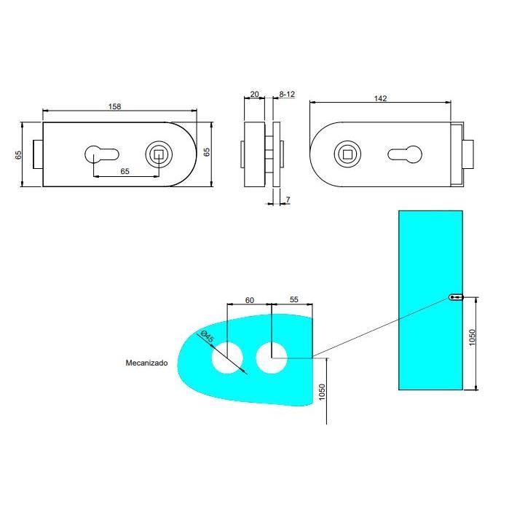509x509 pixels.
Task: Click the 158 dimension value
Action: coord(114,106)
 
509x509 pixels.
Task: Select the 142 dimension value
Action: coord(380,98)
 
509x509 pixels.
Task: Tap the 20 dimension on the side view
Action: coord(254,94)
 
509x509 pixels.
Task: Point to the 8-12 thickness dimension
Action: coord(287,94)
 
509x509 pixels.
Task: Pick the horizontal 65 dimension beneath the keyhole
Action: coord(125,170)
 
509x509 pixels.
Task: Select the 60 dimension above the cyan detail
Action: coord(250,299)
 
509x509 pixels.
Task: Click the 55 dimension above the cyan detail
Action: coord(294,299)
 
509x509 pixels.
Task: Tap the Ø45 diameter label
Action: coord(206,337)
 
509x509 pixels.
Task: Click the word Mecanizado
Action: coord(146,362)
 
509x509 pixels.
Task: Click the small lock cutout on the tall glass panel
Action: coord(455,297)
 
